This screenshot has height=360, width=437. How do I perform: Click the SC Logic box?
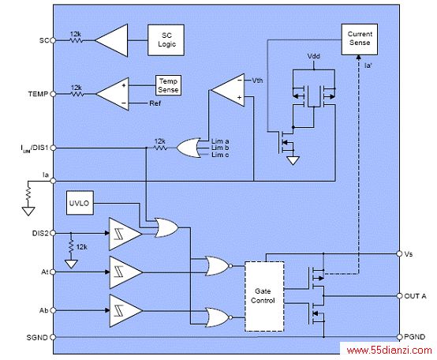166,40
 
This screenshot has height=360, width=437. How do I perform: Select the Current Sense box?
360,39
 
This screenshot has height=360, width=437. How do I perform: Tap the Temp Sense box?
168,85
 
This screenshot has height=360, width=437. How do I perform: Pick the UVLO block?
80,203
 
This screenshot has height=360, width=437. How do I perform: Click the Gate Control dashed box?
264,296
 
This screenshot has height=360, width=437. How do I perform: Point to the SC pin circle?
52,40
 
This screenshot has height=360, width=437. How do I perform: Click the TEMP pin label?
38,94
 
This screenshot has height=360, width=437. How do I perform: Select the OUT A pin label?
415,296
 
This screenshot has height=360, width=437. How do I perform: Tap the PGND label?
414,337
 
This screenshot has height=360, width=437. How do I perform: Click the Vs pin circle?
399,253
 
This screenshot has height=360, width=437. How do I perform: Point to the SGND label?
37,338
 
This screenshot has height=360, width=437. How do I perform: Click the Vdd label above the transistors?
313,56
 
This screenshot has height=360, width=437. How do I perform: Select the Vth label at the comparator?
257,81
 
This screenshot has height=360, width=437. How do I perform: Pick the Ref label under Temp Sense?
155,103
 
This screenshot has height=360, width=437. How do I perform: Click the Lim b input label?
220,148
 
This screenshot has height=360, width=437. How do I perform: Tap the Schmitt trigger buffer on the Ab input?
125,310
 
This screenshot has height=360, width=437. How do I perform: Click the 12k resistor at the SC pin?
76,40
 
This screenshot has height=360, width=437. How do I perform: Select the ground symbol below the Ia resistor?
28,211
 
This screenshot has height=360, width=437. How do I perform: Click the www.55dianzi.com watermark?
390,351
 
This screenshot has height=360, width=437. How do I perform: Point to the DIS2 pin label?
40,233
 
